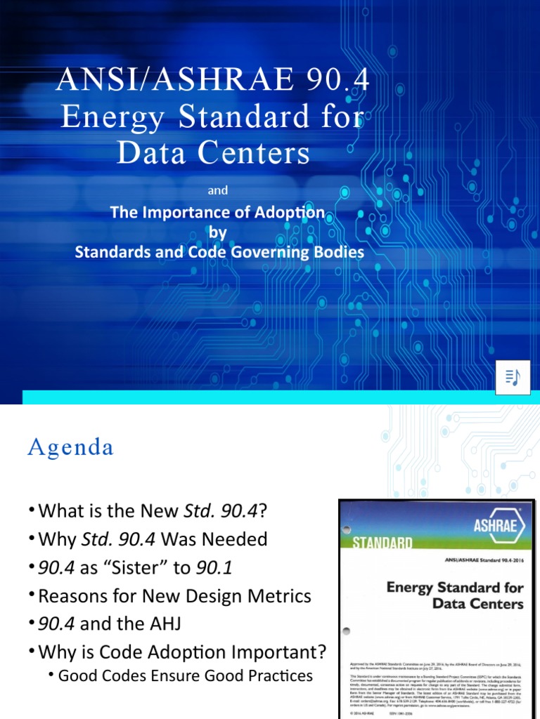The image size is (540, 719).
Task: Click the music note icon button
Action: point(512,377)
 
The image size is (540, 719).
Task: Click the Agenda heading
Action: point(70,447)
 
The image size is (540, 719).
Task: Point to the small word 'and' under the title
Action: point(219,190)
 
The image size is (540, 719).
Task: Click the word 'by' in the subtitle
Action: point(219,232)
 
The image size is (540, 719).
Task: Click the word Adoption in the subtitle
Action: point(289,212)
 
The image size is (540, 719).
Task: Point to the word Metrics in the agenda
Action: point(276,596)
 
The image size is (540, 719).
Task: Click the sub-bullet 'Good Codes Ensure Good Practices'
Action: point(185,675)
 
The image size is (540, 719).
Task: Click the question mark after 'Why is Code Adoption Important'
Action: point(323,652)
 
